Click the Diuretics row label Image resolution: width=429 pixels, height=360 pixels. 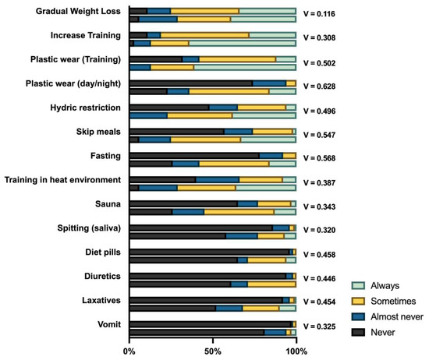(x=100, y=276)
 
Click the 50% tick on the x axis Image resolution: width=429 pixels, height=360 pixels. (x=212, y=351)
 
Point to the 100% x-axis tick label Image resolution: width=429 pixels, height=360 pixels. (x=295, y=351)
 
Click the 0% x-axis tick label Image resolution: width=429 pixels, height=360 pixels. (x=129, y=351)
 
